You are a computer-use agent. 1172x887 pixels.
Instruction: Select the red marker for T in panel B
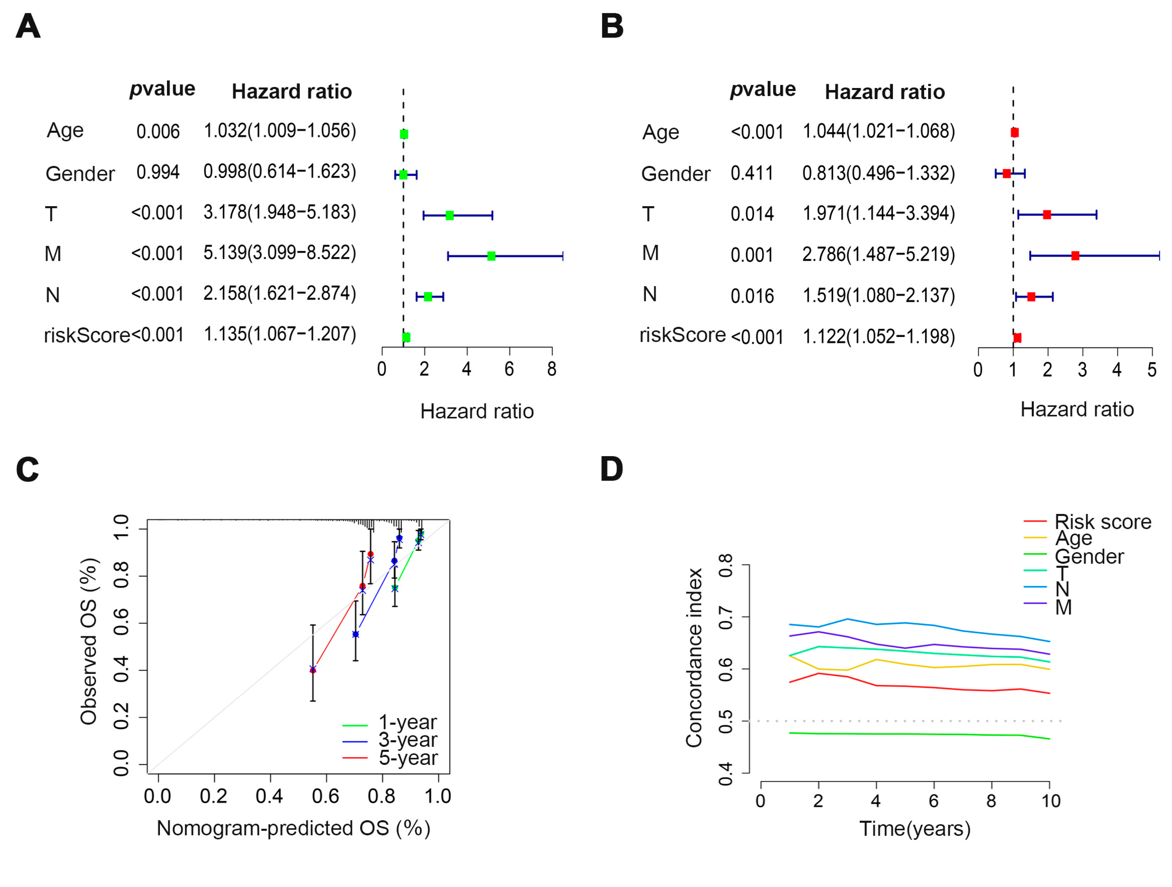[1047, 215]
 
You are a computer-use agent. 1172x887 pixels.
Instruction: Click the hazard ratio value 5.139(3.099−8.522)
[280, 253]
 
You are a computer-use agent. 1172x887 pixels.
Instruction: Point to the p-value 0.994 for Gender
[158, 172]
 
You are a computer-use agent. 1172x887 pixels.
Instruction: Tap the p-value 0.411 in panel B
[752, 173]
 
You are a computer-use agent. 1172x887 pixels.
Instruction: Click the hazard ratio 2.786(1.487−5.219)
[879, 254]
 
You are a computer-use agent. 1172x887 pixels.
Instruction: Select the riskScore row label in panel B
[682, 335]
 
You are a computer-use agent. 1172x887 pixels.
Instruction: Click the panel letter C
[27, 469]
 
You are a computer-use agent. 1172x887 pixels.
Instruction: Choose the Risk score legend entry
[1088, 522]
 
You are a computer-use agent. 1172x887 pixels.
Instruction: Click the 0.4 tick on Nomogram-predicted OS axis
[270, 796]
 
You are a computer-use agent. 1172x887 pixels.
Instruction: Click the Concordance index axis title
[694, 658]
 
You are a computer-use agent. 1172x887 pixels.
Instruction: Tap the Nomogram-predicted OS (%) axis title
[293, 828]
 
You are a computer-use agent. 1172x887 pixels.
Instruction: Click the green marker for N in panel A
[428, 297]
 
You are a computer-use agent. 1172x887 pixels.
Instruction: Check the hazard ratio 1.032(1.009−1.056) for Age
[280, 131]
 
